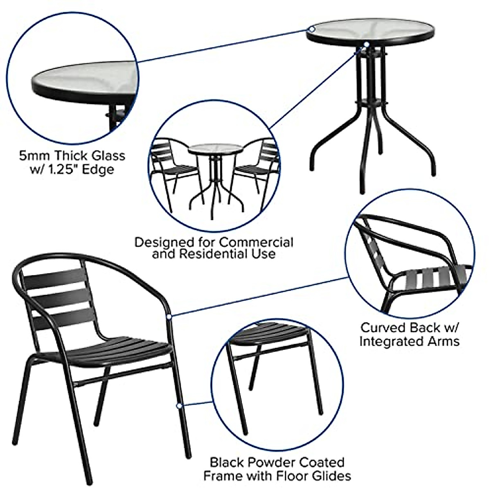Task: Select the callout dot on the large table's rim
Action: [312, 29]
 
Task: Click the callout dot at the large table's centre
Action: [367, 44]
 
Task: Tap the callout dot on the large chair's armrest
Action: [169, 316]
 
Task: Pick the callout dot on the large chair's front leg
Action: [178, 406]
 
